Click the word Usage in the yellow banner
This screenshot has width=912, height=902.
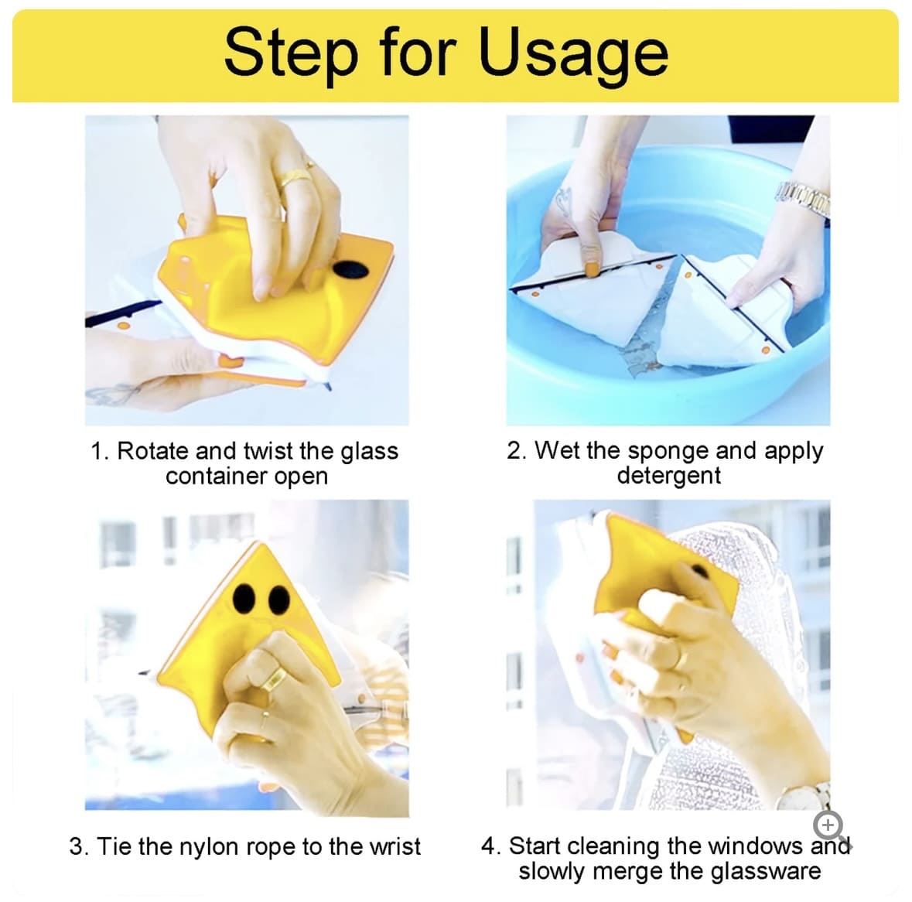573,54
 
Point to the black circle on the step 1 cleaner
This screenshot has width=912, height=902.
350,269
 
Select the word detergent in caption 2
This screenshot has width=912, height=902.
669,477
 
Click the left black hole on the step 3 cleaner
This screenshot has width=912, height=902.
244,598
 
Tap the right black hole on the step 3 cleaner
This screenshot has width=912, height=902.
279,600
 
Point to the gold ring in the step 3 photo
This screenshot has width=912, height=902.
273,678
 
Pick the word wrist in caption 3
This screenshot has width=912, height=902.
395,847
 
